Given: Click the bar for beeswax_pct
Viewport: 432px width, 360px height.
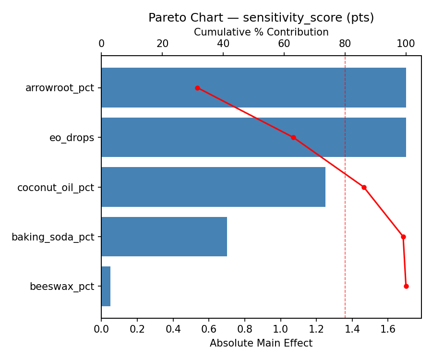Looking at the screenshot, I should click(x=106, y=286).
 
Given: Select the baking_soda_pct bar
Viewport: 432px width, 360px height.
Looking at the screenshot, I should click(x=164, y=237).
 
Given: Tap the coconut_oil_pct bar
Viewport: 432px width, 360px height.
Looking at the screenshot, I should click(x=213, y=187).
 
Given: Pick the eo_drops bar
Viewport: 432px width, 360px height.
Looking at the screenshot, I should click(x=253, y=137).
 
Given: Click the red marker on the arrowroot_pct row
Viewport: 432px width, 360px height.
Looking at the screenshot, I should click(x=197, y=88).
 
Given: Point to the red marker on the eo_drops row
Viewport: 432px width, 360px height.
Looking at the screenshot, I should click(x=293, y=137).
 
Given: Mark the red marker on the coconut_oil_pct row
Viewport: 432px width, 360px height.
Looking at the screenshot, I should click(x=364, y=187).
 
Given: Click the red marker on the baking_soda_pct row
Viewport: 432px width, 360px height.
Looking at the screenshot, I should click(x=403, y=237).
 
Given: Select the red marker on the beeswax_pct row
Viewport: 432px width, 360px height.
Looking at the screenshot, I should click(x=406, y=286).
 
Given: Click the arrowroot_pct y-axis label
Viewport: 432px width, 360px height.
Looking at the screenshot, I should click(x=60, y=88).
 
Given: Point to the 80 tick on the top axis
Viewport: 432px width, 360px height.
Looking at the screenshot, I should click(x=345, y=44).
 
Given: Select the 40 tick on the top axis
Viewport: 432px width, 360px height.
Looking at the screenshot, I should click(x=223, y=44).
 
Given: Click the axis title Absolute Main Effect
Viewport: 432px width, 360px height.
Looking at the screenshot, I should click(x=261, y=343).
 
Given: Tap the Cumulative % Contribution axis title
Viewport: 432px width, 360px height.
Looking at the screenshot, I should click(x=261, y=32).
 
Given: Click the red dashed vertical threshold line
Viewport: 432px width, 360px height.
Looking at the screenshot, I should click(x=345, y=216).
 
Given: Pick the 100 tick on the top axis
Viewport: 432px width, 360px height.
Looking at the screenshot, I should click(x=406, y=44).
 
